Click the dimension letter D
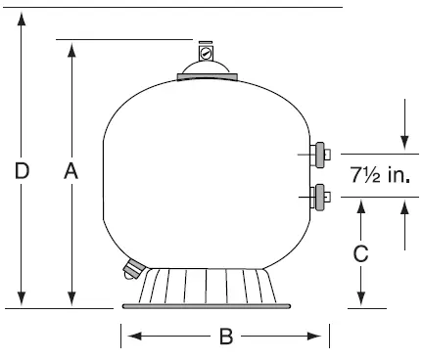22,172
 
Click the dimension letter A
70,172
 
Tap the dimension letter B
225,337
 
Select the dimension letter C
360,253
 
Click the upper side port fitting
319,153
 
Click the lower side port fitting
319,196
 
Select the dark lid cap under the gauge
205,71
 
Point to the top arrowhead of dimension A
70,48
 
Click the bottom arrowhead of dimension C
360,299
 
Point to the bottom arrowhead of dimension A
70,299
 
